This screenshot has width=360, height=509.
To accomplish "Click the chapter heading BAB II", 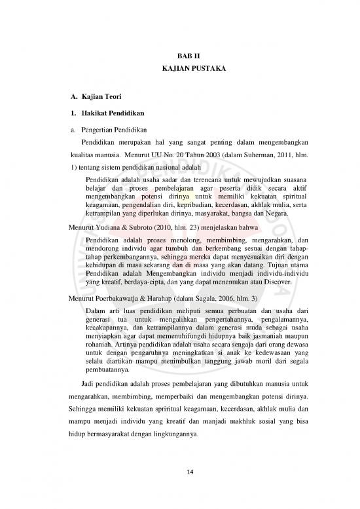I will click(179, 57).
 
